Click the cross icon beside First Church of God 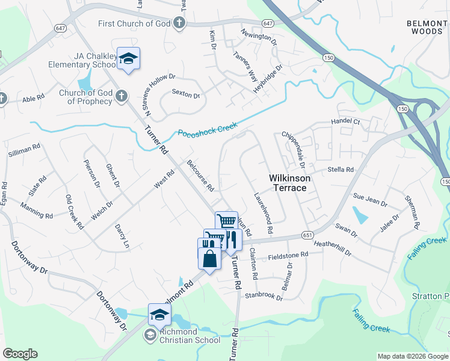[179, 23]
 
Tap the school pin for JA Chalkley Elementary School [128, 58]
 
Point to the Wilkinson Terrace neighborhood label [289, 183]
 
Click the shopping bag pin [209, 259]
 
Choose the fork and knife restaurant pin [232, 239]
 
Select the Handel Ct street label [345, 122]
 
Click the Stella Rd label [340, 170]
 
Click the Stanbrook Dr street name [264, 297]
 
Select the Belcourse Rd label [200, 176]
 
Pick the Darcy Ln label [122, 236]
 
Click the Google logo [20, 354]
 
